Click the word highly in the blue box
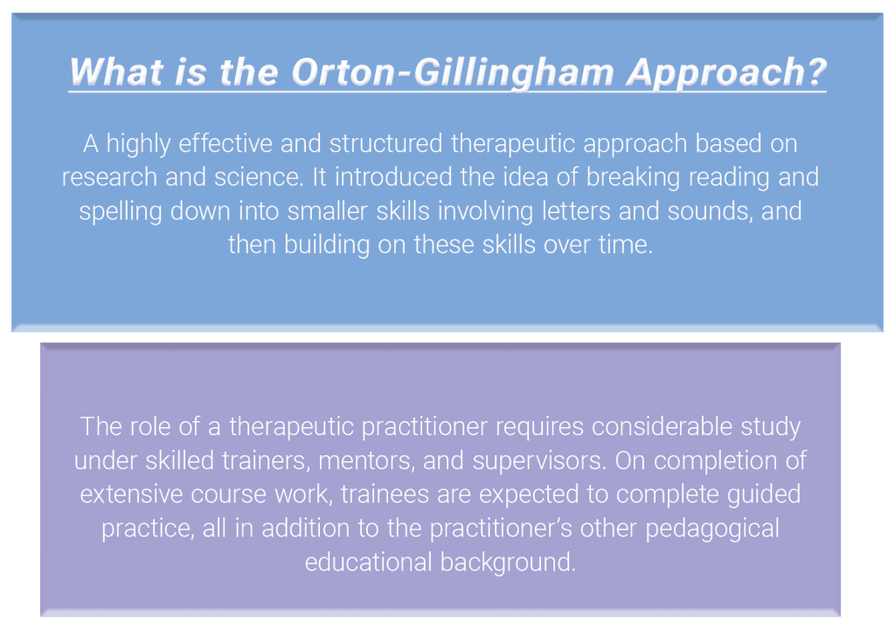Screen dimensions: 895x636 138,144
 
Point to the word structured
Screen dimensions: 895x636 385,143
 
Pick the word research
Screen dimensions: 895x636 109,177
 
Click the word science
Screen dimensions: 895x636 258,177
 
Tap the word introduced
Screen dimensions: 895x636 393,176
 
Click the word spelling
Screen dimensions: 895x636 121,211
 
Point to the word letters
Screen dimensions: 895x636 576,211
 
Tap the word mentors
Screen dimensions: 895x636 366,461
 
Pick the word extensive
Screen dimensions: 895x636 131,494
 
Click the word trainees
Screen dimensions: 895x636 385,494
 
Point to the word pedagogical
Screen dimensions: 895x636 712,529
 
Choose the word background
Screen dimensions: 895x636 509,563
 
